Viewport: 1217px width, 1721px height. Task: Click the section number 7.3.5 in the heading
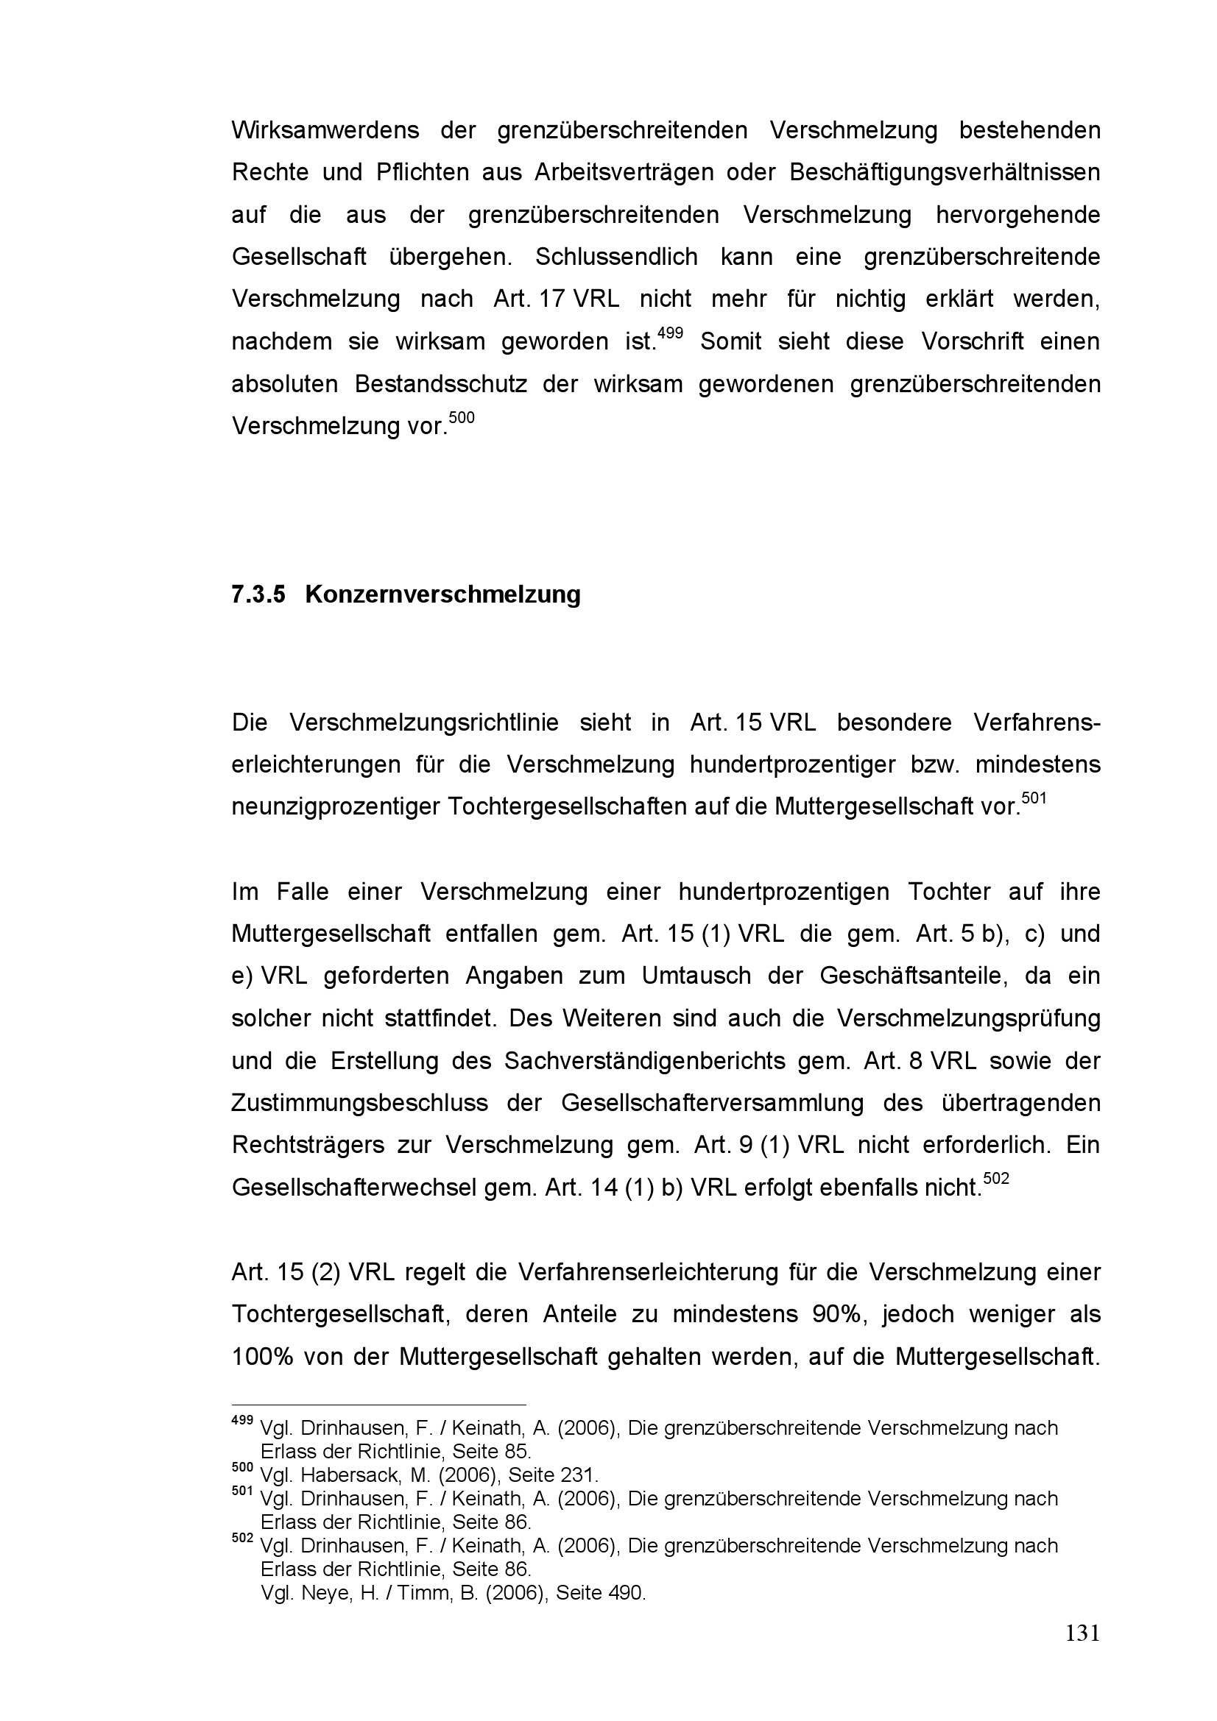pyautogui.click(x=258, y=595)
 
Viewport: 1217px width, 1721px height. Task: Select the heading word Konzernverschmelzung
pyautogui.click(x=442, y=595)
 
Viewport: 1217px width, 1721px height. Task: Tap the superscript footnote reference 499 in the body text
pyautogui.click(x=670, y=332)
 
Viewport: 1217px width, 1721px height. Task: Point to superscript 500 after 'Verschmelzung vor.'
pyautogui.click(x=462, y=416)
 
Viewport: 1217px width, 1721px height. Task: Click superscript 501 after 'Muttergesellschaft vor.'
pyautogui.click(x=1034, y=798)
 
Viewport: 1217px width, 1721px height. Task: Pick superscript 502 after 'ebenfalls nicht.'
pyautogui.click(x=996, y=1178)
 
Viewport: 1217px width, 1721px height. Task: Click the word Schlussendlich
pyautogui.click(x=616, y=257)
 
